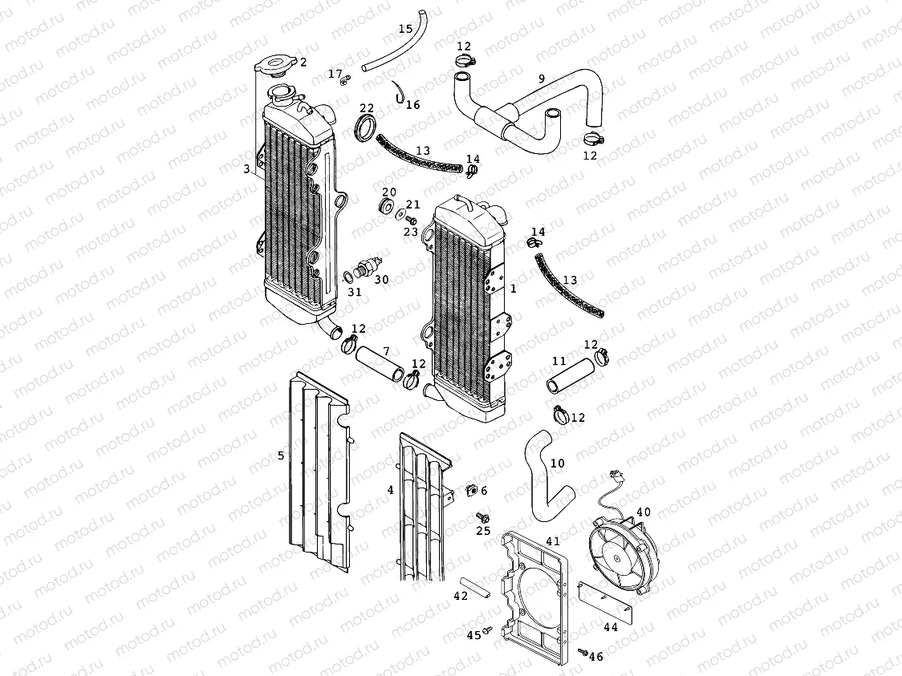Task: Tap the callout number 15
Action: (x=405, y=30)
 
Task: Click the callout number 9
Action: (x=542, y=79)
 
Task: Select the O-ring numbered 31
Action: (x=347, y=277)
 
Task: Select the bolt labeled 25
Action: (x=482, y=516)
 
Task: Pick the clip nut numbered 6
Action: (x=472, y=489)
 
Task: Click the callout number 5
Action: (x=281, y=455)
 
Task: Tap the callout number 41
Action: (x=553, y=541)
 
